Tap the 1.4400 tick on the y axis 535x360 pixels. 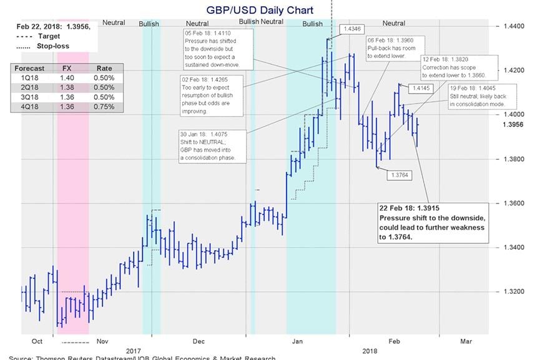[x=514, y=27]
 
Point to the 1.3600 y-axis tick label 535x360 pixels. [x=514, y=203]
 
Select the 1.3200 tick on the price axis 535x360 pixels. [x=514, y=291]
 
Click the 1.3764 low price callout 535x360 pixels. [x=398, y=175]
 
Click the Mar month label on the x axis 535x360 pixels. [x=466, y=341]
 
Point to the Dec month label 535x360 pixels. [x=199, y=341]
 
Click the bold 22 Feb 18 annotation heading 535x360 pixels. [x=415, y=207]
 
